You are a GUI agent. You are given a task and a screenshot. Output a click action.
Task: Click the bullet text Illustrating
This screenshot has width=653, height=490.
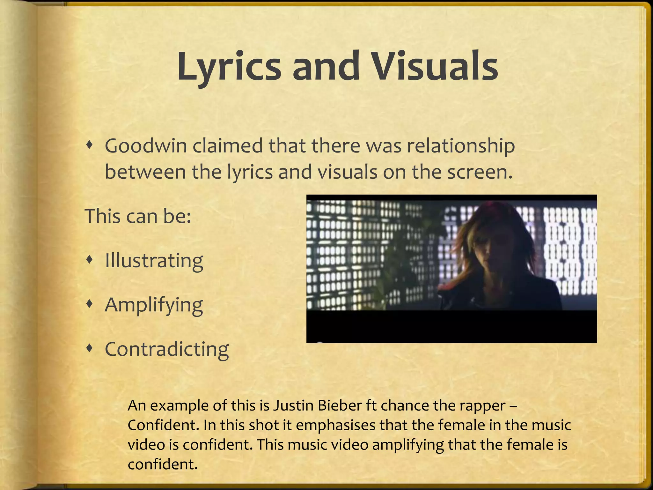pos(154,261)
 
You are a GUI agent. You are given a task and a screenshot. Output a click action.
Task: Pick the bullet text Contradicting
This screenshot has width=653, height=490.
pos(167,349)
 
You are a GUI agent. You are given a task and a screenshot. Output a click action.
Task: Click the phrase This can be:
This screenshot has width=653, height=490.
pos(138,216)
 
